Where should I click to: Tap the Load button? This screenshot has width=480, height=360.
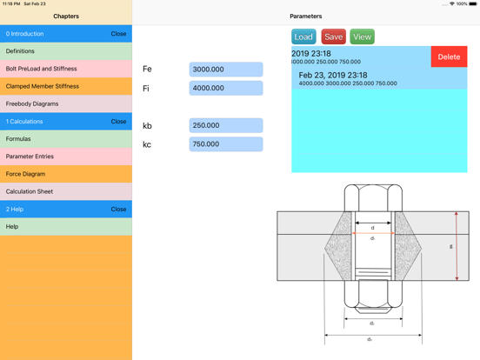coord(303,37)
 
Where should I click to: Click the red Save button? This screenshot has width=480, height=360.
coord(333,37)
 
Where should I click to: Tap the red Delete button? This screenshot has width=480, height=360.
coord(449,57)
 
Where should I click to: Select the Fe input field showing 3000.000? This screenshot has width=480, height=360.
coord(225,70)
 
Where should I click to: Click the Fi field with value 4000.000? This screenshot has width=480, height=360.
coord(225,88)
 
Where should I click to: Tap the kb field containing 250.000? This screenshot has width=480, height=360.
coord(225,125)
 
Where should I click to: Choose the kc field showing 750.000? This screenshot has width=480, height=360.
coord(225,144)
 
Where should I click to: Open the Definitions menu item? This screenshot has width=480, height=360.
coord(66,51)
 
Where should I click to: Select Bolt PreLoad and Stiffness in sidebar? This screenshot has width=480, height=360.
coord(66,69)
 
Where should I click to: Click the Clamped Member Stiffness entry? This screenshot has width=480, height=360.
coord(66,86)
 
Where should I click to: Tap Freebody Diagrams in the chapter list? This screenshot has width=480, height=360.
coord(66,103)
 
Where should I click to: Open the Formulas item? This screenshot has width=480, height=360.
coord(66,139)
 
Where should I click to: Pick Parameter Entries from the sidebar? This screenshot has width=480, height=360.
coord(66,157)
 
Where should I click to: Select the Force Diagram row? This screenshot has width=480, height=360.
coord(66,174)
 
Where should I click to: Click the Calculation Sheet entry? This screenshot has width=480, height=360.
coord(66,191)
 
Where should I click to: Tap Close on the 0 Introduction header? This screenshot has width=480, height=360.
coord(118,34)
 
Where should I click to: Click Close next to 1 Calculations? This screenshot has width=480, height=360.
coord(118,122)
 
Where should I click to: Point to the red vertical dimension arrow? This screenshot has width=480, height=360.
coord(457,246)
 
